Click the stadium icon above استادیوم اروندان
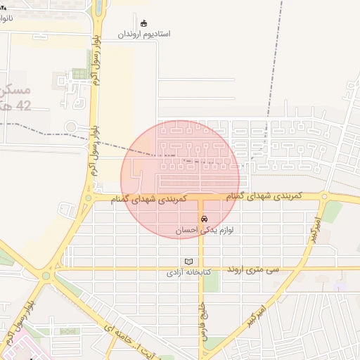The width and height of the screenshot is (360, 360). point(144,23)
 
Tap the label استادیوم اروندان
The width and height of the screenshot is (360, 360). point(144,34)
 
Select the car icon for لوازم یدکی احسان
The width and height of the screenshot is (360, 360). point(204,219)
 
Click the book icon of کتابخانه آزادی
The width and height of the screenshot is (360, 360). point(187,262)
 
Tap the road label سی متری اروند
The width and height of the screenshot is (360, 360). point(253,269)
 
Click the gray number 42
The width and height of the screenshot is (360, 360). point(23,106)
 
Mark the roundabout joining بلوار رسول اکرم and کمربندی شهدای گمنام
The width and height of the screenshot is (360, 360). point(88,199)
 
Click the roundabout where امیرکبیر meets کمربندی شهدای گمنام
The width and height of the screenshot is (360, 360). point(325,197)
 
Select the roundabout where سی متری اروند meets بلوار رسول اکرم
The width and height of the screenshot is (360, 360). point(49,275)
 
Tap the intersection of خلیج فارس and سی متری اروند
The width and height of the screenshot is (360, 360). point(201,268)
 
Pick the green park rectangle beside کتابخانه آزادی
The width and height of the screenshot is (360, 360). point(210,281)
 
